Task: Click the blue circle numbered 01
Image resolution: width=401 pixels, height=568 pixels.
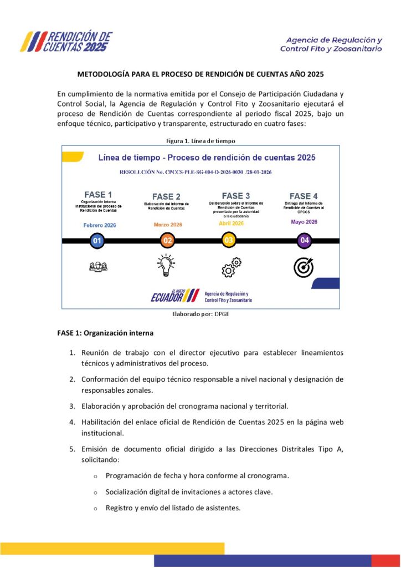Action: (x=97, y=241)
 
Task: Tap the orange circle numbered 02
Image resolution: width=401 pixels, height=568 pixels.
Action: (x=167, y=241)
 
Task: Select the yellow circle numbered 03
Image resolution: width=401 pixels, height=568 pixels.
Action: (x=228, y=241)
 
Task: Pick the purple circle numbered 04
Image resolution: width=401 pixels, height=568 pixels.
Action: (x=304, y=241)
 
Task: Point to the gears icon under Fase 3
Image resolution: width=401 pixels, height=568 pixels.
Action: (x=231, y=267)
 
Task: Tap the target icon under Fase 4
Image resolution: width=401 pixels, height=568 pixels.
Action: (x=303, y=267)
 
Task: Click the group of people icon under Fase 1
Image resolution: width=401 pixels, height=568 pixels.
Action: (x=98, y=267)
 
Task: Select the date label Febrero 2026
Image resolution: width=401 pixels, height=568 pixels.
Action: (x=100, y=225)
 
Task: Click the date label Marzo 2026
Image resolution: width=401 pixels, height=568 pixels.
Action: (x=167, y=225)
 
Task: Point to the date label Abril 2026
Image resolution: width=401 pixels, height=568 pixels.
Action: (x=231, y=223)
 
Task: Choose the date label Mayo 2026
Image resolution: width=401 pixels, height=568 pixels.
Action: (x=304, y=222)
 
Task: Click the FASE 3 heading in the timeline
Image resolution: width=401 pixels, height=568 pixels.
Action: (x=235, y=196)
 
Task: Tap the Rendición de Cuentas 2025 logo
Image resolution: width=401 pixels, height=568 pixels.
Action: (x=66, y=42)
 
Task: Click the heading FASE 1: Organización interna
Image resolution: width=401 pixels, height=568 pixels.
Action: (x=105, y=333)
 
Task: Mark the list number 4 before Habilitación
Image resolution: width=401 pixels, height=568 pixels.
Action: (x=72, y=422)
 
